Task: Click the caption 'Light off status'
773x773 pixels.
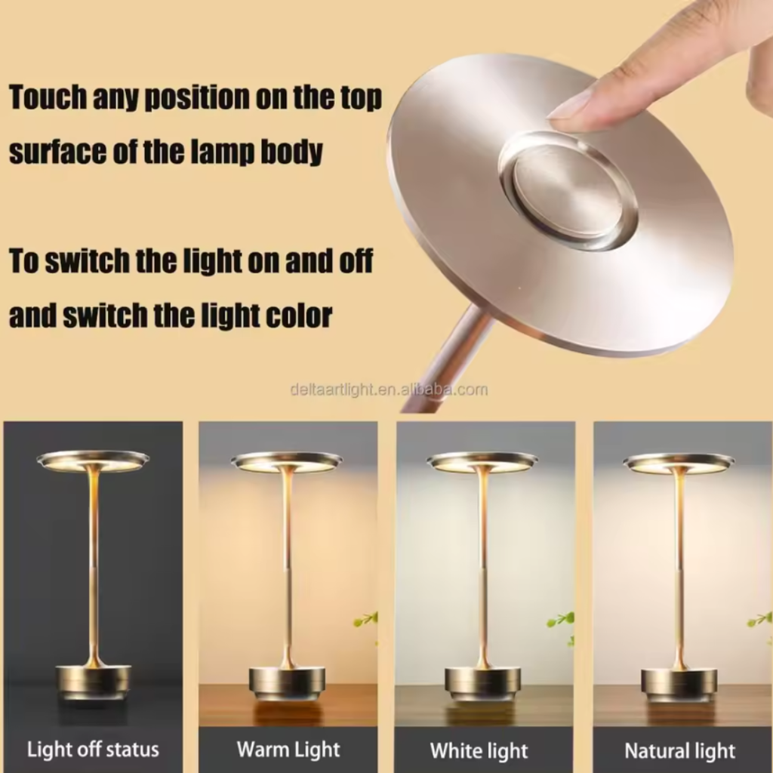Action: [93, 750]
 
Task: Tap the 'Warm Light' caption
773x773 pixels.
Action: [288, 750]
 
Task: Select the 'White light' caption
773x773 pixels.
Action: [479, 750]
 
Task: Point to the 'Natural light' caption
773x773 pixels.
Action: [679, 751]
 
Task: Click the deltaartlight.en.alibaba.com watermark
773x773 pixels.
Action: [389, 390]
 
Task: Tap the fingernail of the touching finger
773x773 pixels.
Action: [571, 106]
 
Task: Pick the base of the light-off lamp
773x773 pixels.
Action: [93, 682]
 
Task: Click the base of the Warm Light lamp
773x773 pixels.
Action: [287, 682]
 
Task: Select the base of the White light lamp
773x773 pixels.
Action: [482, 682]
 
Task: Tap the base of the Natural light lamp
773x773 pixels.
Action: [679, 682]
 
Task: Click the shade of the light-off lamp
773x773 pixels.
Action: [93, 460]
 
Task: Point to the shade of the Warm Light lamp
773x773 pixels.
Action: [287, 460]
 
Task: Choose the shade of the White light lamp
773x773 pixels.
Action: [482, 460]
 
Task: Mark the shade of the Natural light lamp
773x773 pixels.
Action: [679, 461]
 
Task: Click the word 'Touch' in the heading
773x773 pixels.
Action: [47, 98]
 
